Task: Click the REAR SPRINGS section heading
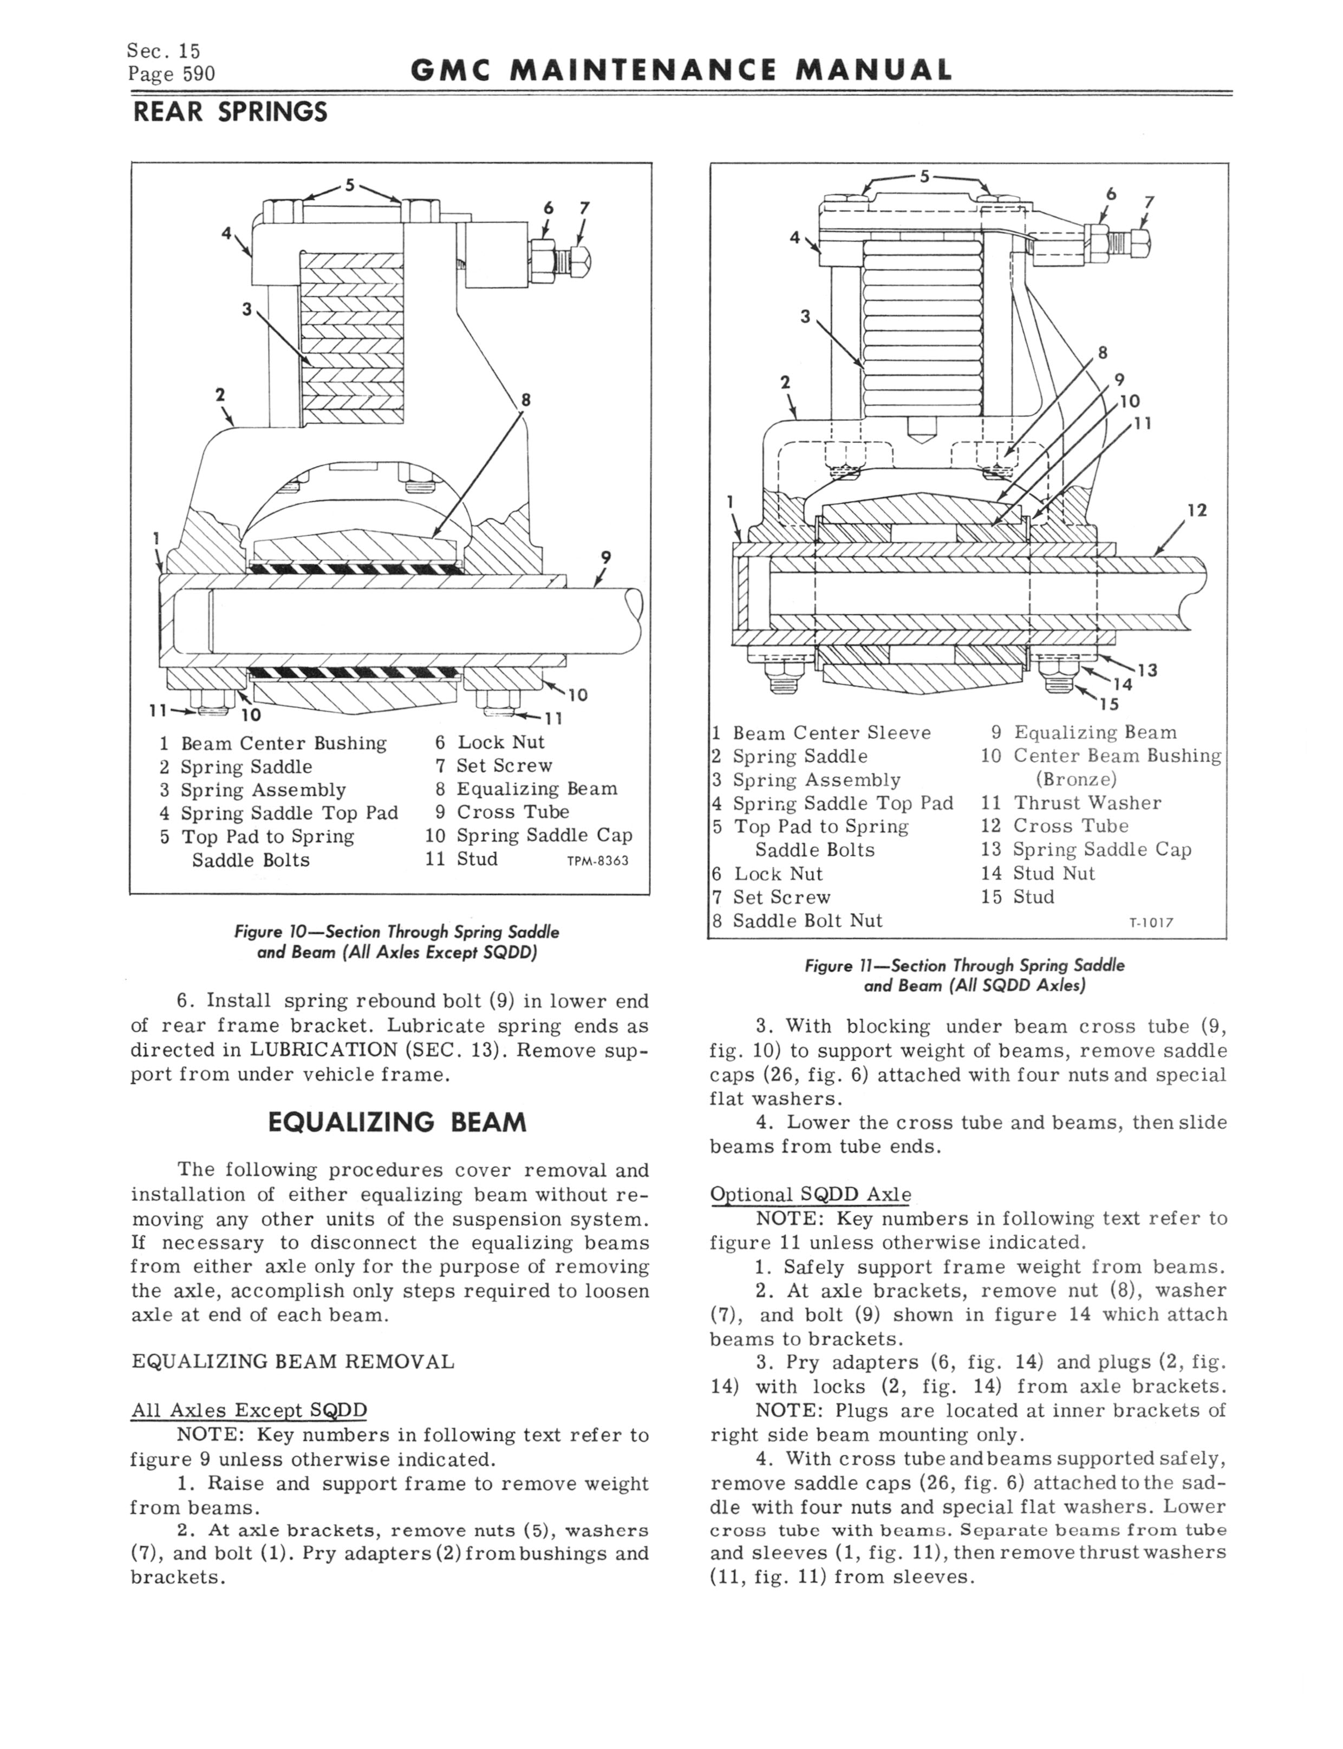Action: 230,113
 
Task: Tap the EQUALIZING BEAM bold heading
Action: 397,1122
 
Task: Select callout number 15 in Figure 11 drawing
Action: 1109,704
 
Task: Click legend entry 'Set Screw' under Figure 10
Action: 504,766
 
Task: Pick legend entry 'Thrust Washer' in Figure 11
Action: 1087,803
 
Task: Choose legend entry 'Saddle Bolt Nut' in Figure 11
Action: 807,921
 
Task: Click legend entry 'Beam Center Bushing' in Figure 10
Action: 283,743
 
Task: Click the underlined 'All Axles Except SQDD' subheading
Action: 249,1410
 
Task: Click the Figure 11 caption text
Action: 965,975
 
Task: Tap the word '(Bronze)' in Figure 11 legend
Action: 1076,778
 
